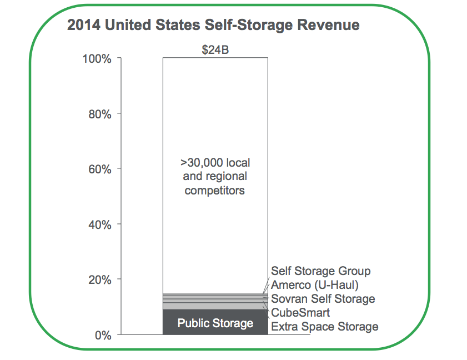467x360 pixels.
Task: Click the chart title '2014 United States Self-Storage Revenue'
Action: coord(213,25)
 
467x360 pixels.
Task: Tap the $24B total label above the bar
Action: coord(215,49)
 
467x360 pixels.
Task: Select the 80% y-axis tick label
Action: coord(100,114)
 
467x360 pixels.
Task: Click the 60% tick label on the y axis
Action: coord(100,169)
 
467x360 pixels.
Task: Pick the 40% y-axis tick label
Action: coord(100,224)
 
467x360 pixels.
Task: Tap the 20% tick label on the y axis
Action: coord(100,279)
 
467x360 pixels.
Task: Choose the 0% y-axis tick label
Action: coord(103,335)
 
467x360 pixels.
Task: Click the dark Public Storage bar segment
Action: coord(215,323)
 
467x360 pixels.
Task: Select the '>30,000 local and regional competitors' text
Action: coord(215,177)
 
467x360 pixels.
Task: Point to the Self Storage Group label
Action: coord(320,271)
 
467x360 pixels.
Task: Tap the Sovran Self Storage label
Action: coord(323,299)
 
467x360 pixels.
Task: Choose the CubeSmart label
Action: coord(300,313)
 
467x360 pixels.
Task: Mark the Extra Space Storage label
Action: coord(324,326)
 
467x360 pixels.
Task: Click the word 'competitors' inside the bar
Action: coord(215,191)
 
